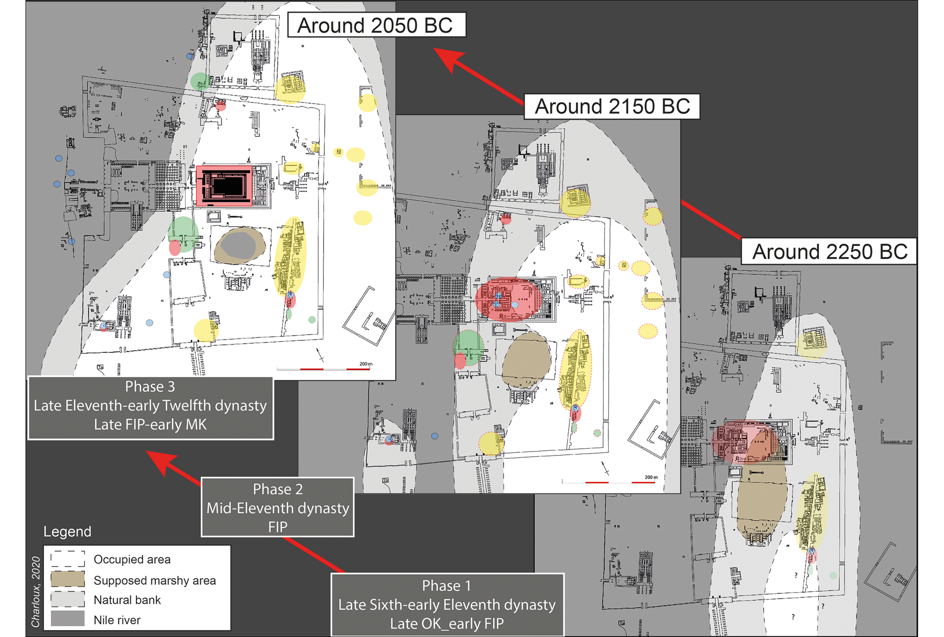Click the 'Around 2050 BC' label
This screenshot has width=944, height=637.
376,25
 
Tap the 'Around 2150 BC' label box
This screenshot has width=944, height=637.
612,107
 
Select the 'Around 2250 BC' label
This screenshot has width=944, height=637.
829,251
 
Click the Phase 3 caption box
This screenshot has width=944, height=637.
150,406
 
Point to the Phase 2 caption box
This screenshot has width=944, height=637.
277,507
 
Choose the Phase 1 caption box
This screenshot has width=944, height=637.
447,605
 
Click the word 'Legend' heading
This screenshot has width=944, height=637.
68,532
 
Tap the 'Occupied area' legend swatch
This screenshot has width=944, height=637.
68,559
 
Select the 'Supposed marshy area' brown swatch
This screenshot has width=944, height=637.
68,579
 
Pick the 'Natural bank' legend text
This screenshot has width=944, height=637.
127,599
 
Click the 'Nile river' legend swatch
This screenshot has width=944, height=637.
68,619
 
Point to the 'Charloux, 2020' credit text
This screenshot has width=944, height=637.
36,592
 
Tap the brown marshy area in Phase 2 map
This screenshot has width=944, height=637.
527,359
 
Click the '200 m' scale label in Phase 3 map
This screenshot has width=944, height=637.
366,364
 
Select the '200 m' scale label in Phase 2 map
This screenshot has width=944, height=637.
651,477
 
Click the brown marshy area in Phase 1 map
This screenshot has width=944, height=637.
762,499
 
